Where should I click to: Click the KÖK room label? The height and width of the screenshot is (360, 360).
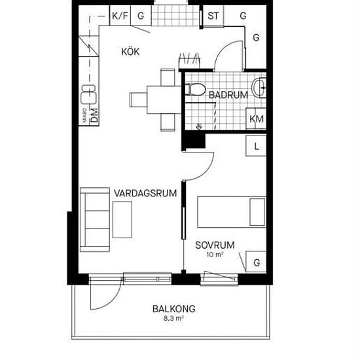point(130,52)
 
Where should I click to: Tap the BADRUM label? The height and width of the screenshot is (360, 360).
point(228,95)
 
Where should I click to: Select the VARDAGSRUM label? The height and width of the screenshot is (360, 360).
point(145,193)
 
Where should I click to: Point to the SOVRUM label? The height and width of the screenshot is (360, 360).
point(215,245)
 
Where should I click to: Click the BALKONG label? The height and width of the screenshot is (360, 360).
point(174,309)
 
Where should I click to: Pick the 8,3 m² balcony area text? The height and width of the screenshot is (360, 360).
point(173,319)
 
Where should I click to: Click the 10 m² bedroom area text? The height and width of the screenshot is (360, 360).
point(215,255)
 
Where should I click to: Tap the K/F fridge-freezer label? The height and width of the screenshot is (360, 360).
point(120,16)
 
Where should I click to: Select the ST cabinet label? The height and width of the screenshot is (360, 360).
point(213,16)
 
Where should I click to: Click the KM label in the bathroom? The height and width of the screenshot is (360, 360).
point(257,119)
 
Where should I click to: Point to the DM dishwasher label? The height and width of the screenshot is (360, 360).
point(94,115)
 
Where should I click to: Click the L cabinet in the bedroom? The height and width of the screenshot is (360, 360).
point(256,146)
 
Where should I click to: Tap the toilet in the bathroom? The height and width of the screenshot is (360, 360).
point(196,90)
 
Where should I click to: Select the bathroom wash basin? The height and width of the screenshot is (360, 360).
point(259,88)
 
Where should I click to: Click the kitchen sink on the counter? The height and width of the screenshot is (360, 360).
point(88,94)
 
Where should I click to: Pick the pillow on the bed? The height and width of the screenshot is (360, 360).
point(257,212)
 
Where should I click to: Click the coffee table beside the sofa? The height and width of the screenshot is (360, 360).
point(122,220)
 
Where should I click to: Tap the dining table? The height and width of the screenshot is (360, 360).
point(164,99)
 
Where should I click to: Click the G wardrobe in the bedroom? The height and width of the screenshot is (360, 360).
point(256,262)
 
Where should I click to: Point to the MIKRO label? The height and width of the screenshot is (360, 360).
point(84,115)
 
